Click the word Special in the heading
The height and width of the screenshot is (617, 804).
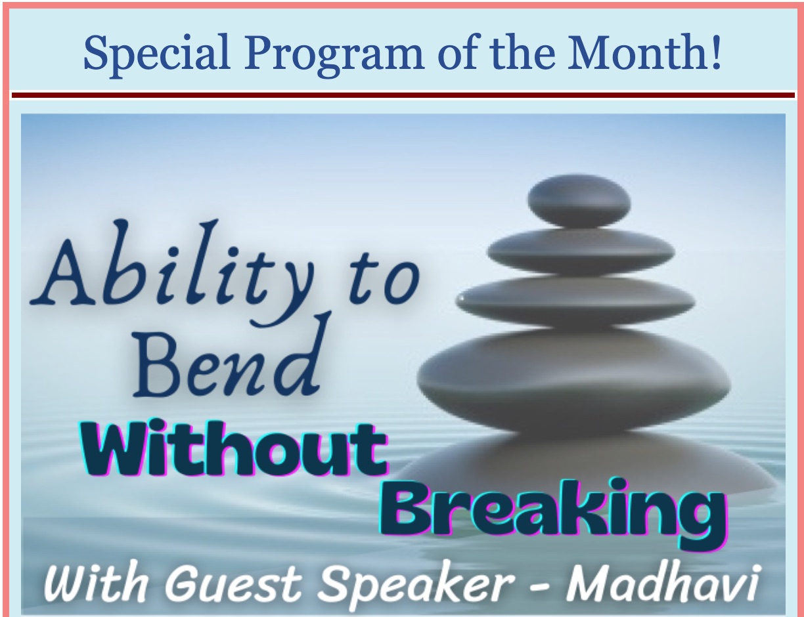pos(156,54)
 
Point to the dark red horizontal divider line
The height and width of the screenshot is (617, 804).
pos(403,95)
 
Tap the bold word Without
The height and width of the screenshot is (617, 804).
pos(234,448)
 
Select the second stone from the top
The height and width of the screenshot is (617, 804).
pos(581,252)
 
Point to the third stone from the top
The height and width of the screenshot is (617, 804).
pos(575,301)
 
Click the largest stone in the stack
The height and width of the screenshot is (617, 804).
pos(573,379)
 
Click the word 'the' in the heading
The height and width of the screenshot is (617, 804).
pos(522,52)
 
